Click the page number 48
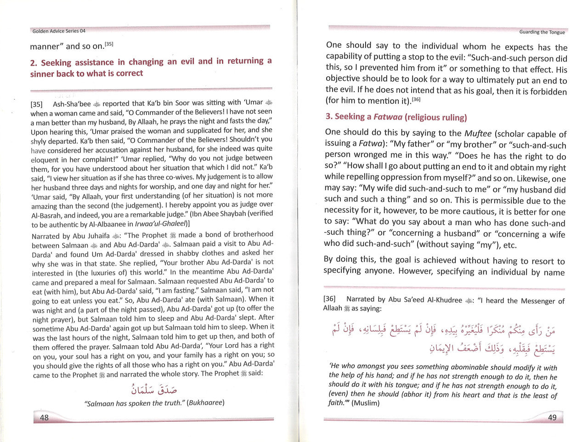[x=45, y=418]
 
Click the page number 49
[x=552, y=417]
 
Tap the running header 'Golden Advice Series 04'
[x=59, y=31]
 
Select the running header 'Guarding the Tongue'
[x=542, y=32]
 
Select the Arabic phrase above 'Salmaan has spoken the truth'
[x=154, y=390]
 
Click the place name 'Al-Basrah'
[x=47, y=215]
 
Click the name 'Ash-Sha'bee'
[x=72, y=104]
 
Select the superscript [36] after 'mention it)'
[x=416, y=99]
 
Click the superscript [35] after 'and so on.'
[x=109, y=44]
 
